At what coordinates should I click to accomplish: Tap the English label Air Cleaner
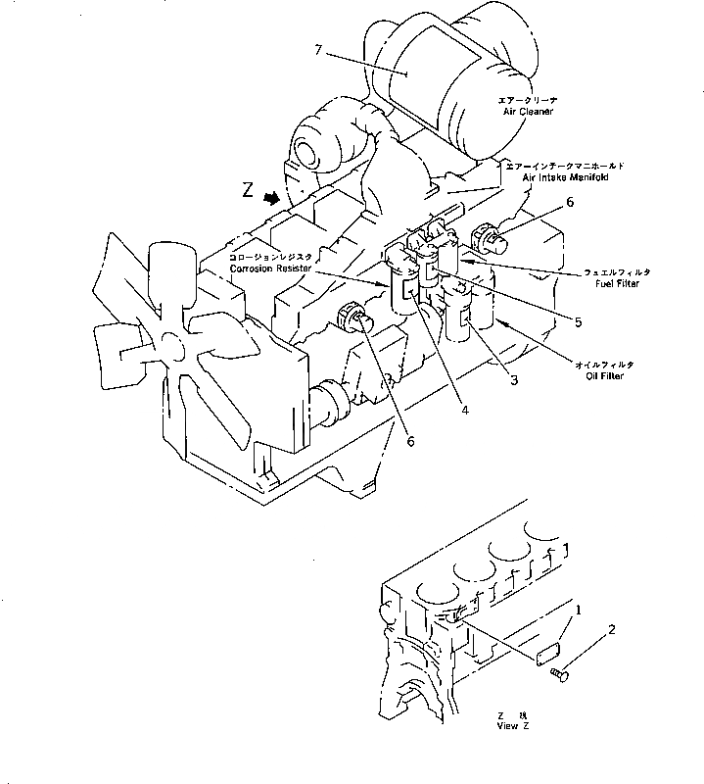coord(528,112)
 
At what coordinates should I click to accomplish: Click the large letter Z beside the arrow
coord(249,192)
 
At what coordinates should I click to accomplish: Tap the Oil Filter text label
coord(600,374)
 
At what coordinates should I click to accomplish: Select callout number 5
coord(578,320)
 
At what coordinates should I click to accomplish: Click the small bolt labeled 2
coord(561,673)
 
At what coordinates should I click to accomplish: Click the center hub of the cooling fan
coord(173,346)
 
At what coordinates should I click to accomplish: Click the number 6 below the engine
coord(411,442)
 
